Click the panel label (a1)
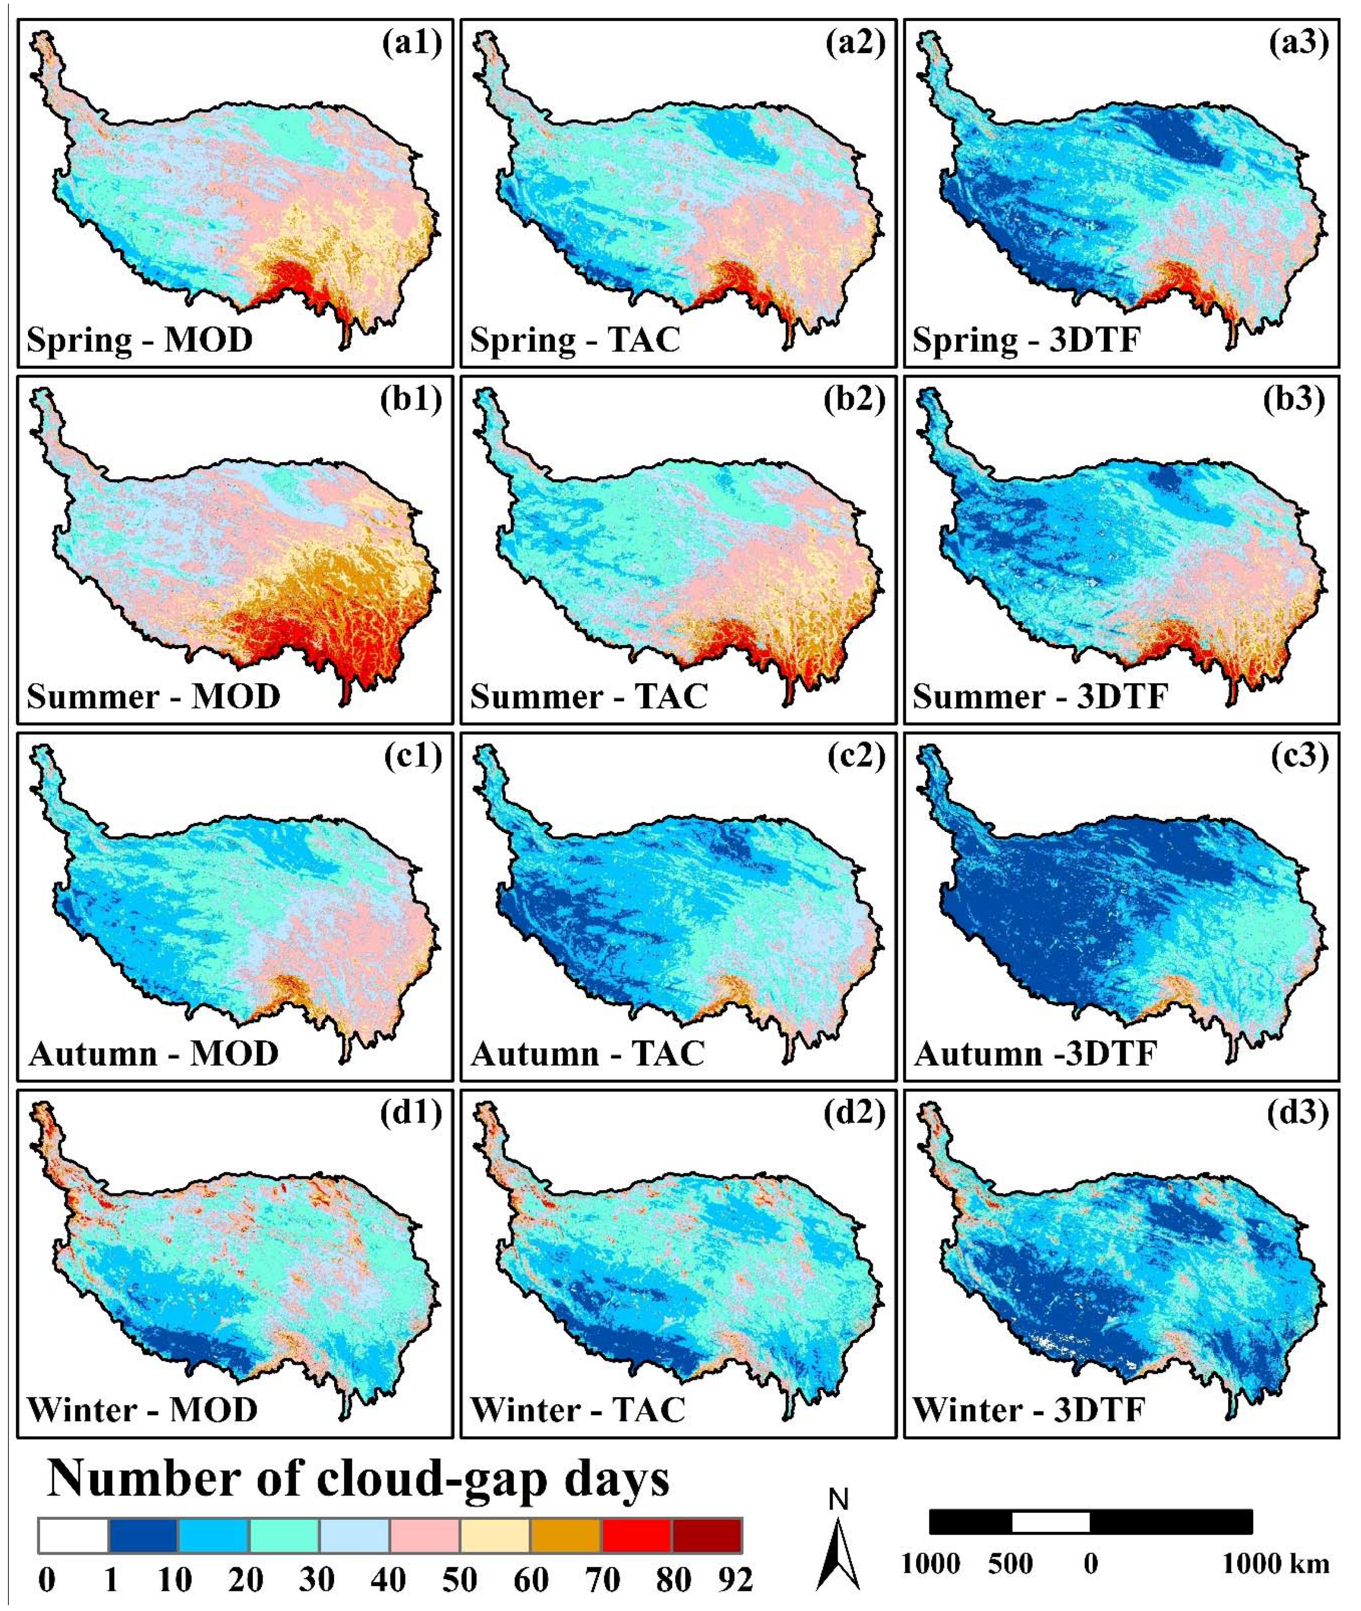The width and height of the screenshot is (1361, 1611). [x=412, y=43]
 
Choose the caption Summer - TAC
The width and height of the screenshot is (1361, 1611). [x=589, y=697]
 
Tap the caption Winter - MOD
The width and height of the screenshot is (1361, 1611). [x=143, y=1410]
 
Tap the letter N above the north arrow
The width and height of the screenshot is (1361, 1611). [x=838, y=1500]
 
